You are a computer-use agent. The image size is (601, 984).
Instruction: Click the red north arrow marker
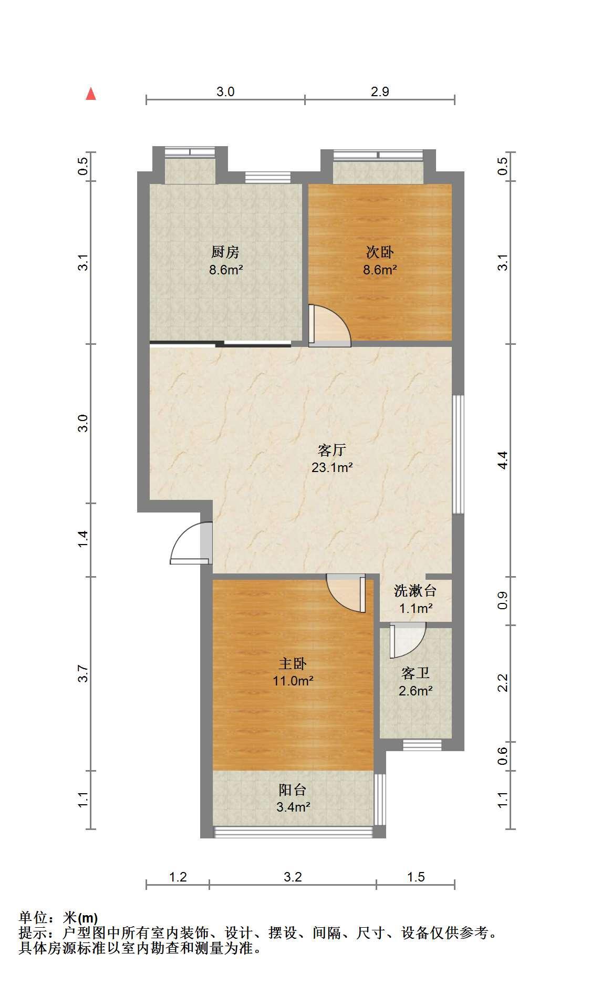point(91,94)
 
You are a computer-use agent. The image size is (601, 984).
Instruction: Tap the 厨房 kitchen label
point(225,252)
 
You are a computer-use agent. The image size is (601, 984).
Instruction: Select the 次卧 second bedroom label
point(380,252)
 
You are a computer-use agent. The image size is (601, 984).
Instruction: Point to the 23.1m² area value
point(332,467)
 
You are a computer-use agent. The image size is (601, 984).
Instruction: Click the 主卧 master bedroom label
point(293,664)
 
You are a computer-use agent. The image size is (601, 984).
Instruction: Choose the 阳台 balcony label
point(293,790)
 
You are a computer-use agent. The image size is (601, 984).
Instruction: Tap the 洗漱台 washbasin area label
point(415,591)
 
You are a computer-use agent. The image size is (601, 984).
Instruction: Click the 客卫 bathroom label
point(415,673)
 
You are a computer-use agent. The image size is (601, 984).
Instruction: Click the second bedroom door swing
point(329,326)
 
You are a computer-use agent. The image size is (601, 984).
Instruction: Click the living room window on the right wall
point(459,454)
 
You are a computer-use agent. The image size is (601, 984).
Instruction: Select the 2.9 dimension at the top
point(380,92)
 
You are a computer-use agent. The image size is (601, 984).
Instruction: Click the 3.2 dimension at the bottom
point(293,877)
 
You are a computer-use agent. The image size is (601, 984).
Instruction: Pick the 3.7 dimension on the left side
point(82,674)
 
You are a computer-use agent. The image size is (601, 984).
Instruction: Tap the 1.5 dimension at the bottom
point(416,877)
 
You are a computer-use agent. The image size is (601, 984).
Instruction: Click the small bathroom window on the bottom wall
point(422,745)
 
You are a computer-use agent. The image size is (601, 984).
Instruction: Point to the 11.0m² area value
point(293,681)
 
